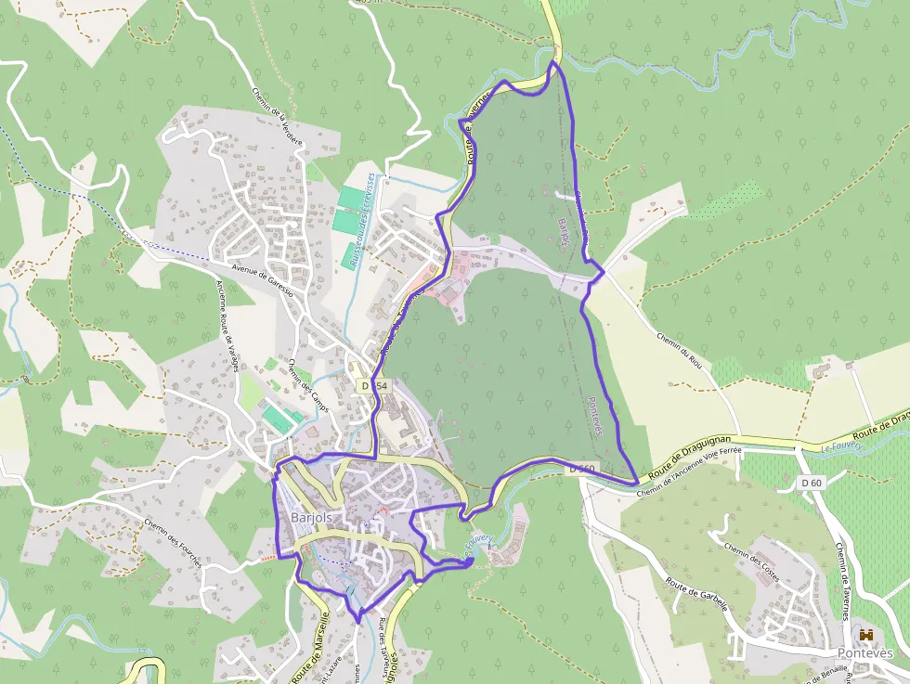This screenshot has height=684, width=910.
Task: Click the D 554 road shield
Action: pos(375,385)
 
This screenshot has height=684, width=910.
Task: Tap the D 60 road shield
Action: pos(812,483)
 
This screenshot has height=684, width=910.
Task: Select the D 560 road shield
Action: pos(583,469)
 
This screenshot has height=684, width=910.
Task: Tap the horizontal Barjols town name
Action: pos(311,518)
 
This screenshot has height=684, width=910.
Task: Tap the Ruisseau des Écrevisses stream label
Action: pos(360,220)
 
